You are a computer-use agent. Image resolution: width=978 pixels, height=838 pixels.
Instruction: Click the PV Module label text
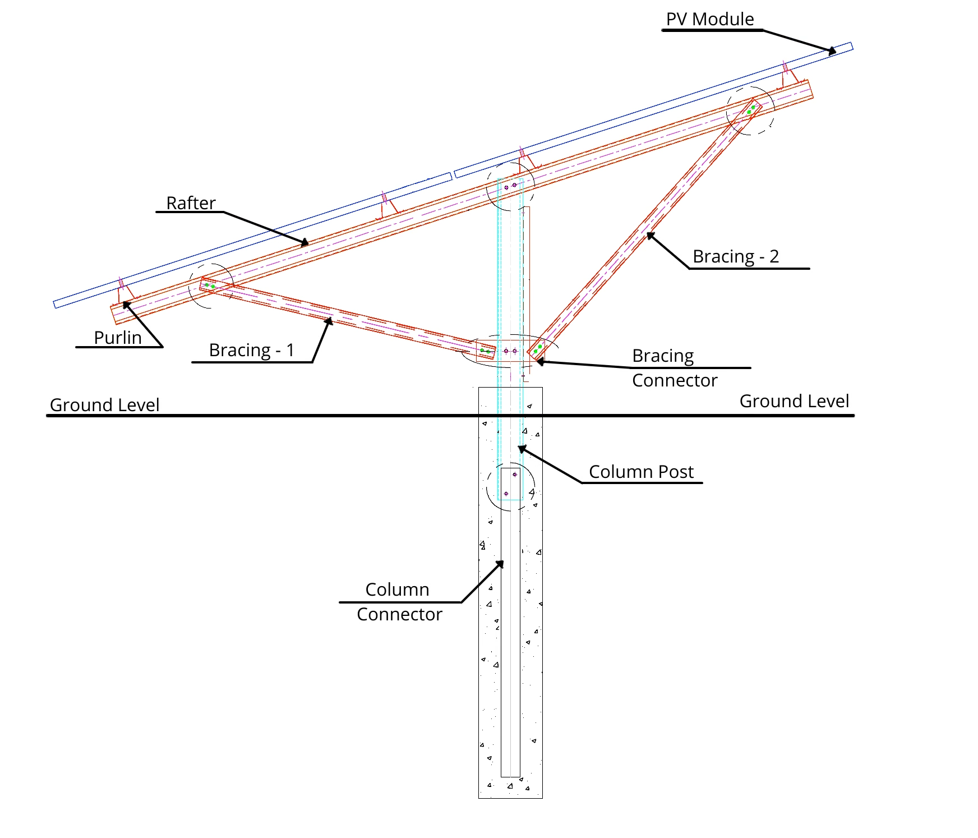click(709, 19)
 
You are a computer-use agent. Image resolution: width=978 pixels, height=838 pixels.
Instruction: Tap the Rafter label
click(191, 203)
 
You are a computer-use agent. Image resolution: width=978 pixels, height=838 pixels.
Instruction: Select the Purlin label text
click(118, 338)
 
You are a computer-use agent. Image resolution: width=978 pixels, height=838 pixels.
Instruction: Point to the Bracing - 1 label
click(251, 350)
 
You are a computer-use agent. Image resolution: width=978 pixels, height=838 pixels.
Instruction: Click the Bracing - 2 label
click(736, 256)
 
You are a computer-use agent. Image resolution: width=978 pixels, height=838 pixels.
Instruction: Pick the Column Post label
click(641, 472)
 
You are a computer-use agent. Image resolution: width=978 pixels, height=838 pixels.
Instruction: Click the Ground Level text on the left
click(104, 405)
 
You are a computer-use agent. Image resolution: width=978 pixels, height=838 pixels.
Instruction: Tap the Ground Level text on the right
click(794, 401)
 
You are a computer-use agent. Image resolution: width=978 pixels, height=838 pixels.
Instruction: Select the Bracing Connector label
click(674, 368)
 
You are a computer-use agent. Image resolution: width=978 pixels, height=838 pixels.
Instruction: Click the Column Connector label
click(399, 602)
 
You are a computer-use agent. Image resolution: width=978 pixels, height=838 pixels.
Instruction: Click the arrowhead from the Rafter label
click(305, 243)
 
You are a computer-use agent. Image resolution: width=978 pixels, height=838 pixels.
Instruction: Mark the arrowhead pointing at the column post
click(522, 449)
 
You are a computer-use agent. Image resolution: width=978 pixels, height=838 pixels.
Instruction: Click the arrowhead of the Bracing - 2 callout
click(651, 236)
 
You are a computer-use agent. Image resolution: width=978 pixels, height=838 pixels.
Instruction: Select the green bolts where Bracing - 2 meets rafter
click(751, 109)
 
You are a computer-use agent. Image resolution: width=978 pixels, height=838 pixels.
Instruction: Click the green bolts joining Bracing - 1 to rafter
click(210, 286)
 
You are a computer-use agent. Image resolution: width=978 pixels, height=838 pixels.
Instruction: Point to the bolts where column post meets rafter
click(510, 186)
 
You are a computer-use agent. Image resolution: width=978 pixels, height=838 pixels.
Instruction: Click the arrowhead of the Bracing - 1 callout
click(329, 321)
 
